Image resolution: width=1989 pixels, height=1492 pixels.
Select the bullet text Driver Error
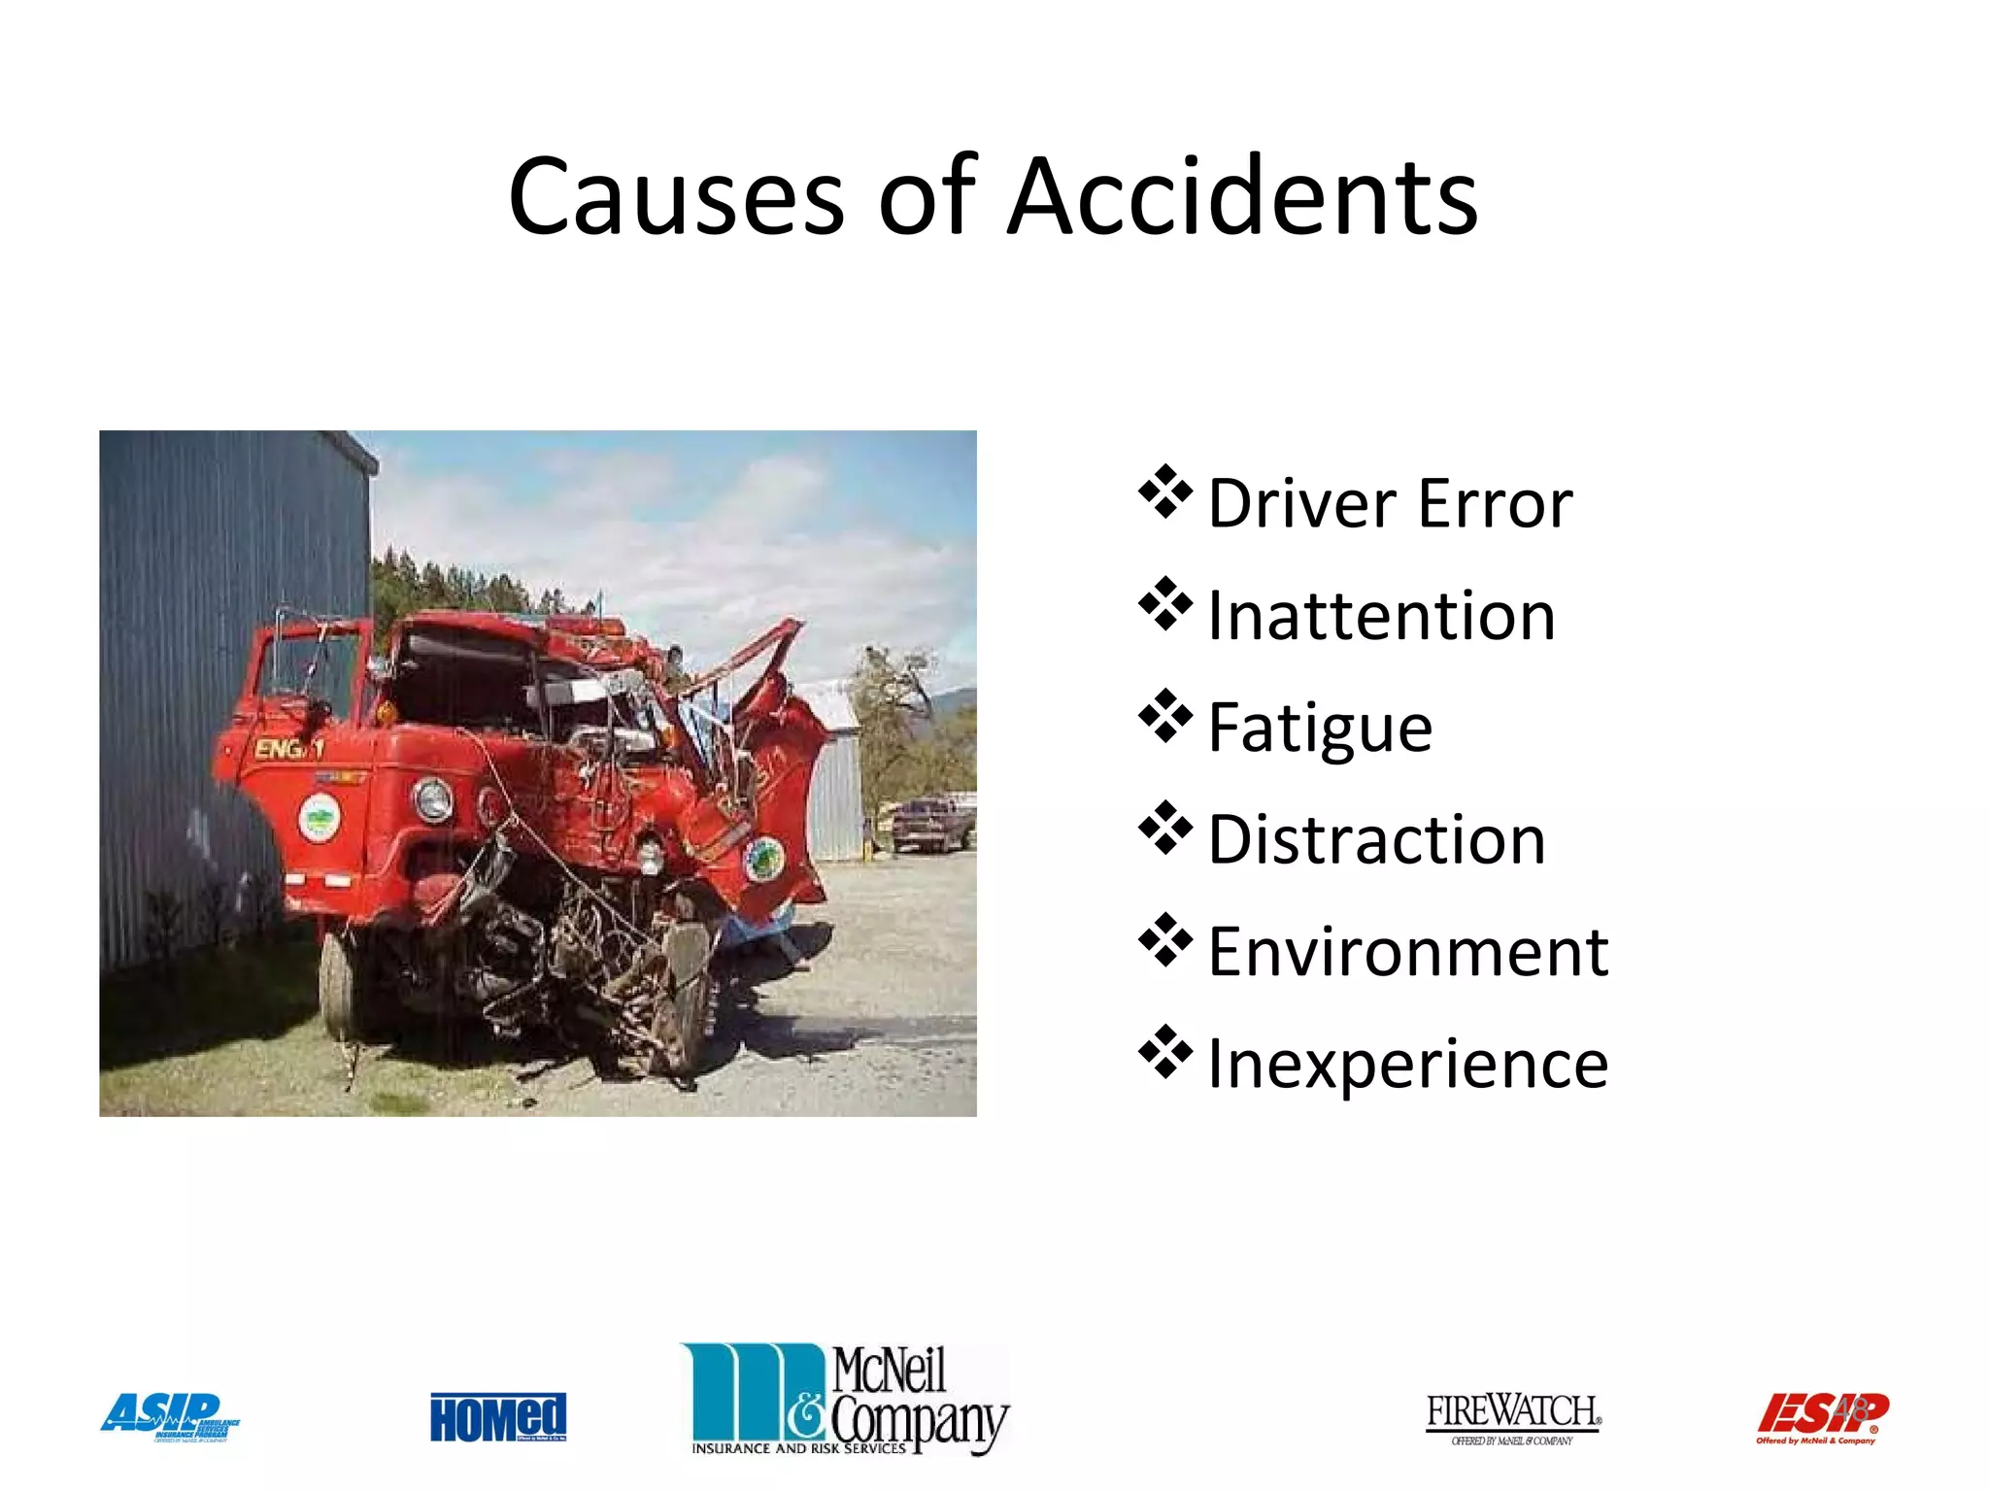(1390, 504)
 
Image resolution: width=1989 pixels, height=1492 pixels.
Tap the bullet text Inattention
(1381, 617)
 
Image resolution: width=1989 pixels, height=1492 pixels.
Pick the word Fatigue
(1320, 729)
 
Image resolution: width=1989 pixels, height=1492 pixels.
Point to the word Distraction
(1376, 840)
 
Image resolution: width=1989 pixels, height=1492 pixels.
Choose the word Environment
(1408, 952)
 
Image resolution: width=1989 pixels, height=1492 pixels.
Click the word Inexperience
(1408, 1065)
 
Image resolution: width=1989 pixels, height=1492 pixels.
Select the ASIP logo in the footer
(170, 1417)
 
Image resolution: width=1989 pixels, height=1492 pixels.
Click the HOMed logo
(498, 1417)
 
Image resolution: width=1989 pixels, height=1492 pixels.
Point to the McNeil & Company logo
(846, 1399)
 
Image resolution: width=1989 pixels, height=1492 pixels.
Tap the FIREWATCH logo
(1512, 1417)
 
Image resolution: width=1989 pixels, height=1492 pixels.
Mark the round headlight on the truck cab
(433, 798)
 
